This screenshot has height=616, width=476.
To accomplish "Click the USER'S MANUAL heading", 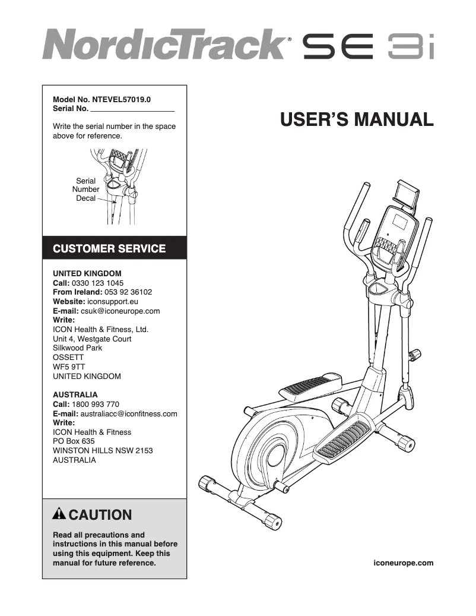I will click(x=357, y=119).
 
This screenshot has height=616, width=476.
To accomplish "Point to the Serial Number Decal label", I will click(x=86, y=189).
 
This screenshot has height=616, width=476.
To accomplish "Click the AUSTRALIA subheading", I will click(x=75, y=394).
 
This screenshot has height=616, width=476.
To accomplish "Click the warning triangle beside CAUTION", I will click(x=60, y=514).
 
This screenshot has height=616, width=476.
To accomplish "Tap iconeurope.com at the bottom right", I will click(x=404, y=563).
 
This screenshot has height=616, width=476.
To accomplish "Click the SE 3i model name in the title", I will click(x=369, y=46).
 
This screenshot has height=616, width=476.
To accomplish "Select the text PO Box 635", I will click(x=74, y=441).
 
